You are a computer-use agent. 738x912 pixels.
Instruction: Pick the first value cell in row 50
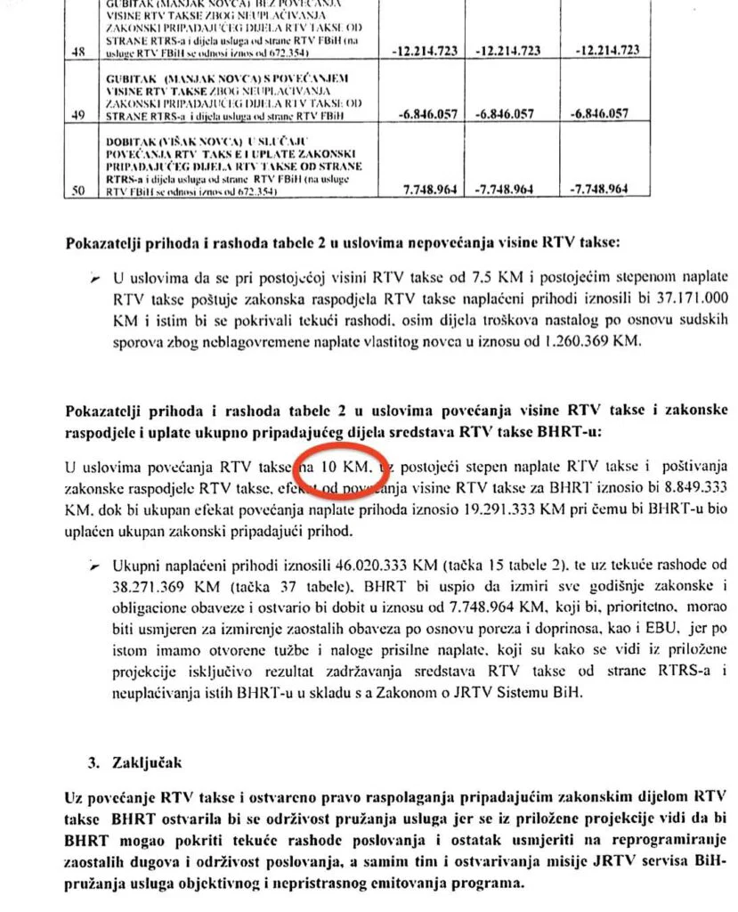pyautogui.click(x=425, y=190)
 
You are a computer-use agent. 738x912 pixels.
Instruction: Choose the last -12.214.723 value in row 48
pyautogui.click(x=608, y=51)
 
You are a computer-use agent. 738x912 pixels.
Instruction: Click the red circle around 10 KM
pyautogui.click(x=338, y=466)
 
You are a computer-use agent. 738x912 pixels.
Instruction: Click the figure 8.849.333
pyautogui.click(x=684, y=489)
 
